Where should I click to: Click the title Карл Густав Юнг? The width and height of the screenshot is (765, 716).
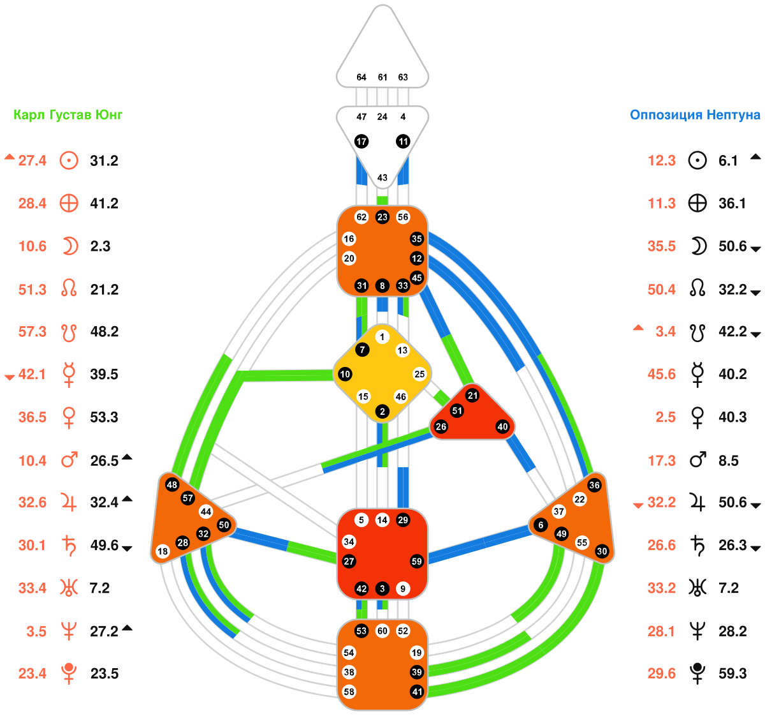coord(68,115)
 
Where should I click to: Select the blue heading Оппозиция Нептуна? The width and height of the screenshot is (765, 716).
coord(695,115)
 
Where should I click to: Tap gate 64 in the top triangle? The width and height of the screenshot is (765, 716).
coord(361,77)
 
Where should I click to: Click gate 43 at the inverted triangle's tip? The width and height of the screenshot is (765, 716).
coord(382,177)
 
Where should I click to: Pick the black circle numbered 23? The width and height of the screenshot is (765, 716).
coord(382,217)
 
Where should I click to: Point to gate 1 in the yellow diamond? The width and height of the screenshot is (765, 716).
coord(382,337)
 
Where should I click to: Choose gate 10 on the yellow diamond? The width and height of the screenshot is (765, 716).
coord(345,374)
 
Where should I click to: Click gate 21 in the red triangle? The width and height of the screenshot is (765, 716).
coord(472,396)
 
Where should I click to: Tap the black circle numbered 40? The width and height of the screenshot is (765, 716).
coord(503,427)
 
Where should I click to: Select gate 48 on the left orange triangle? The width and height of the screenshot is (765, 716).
coord(171,484)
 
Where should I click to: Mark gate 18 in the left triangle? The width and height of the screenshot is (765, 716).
coord(163,551)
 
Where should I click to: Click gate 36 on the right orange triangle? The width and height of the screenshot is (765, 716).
coord(594,485)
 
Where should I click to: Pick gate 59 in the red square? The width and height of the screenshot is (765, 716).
coord(417,562)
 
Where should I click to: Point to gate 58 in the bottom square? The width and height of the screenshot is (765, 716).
coord(349,692)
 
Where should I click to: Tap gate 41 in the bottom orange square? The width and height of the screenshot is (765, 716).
coord(417,692)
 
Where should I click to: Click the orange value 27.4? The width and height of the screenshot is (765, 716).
coord(32,161)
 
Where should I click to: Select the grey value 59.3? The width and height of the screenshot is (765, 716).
coord(732,674)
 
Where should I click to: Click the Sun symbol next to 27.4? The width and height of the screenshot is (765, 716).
coord(69,160)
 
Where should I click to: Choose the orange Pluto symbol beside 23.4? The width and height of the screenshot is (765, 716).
coord(69,673)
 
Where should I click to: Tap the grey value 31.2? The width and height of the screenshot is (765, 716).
coord(104,161)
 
